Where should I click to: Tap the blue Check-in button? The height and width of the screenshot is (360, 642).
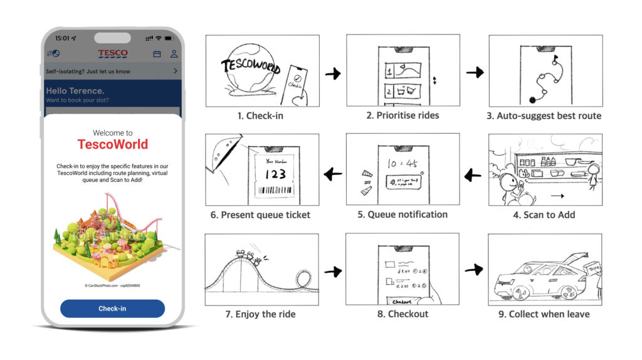tap(112, 309)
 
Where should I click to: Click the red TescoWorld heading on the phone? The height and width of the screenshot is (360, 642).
tap(113, 144)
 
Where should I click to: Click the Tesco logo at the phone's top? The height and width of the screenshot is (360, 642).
tap(113, 54)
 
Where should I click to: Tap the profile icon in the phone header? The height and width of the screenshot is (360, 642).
tap(174, 55)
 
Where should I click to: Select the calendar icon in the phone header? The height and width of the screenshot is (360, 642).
tap(157, 55)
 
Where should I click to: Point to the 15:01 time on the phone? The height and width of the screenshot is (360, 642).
tap(61, 38)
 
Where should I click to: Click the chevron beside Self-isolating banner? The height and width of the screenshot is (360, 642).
tap(175, 71)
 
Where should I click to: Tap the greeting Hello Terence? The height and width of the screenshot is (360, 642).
tap(75, 91)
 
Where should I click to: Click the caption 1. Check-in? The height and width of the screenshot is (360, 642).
tap(262, 115)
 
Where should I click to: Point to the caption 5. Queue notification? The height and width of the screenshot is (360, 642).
tap(403, 214)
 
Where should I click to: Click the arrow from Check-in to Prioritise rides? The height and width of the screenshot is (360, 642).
tap(333, 74)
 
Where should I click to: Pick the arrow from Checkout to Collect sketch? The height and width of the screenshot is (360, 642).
tap(475, 270)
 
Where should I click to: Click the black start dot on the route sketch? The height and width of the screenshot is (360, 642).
tap(533, 98)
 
